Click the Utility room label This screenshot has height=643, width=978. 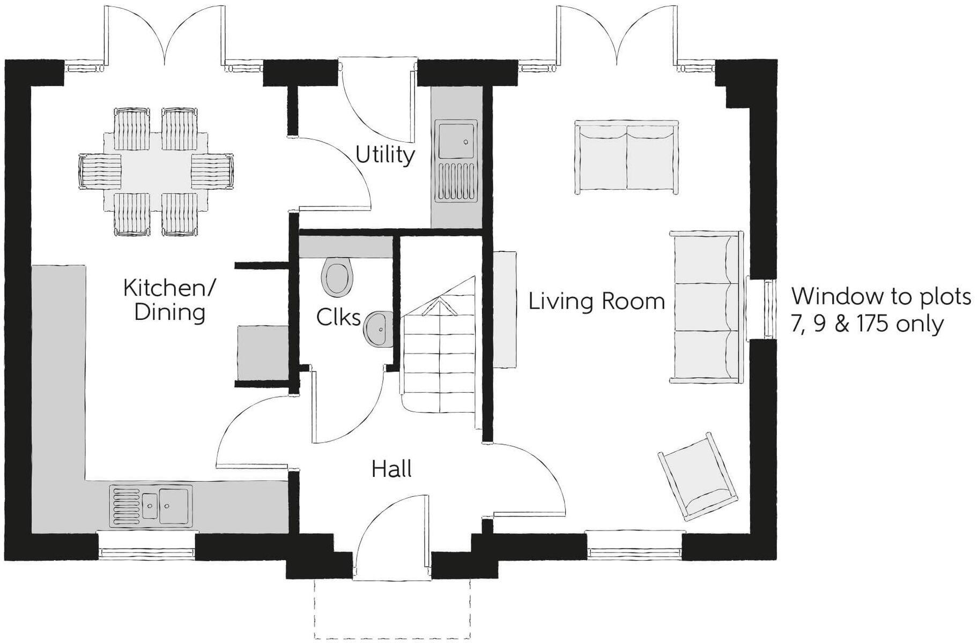(385, 155)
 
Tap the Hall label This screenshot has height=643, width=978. (391, 469)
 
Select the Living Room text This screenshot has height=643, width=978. (596, 301)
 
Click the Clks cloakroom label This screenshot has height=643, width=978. (338, 317)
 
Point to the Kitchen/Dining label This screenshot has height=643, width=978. (169, 300)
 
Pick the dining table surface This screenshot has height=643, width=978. (155, 171)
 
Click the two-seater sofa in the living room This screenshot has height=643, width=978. (626, 157)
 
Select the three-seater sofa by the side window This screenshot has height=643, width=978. (705, 307)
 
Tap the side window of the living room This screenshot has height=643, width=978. (761, 309)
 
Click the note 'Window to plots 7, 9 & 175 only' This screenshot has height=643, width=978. (879, 310)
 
